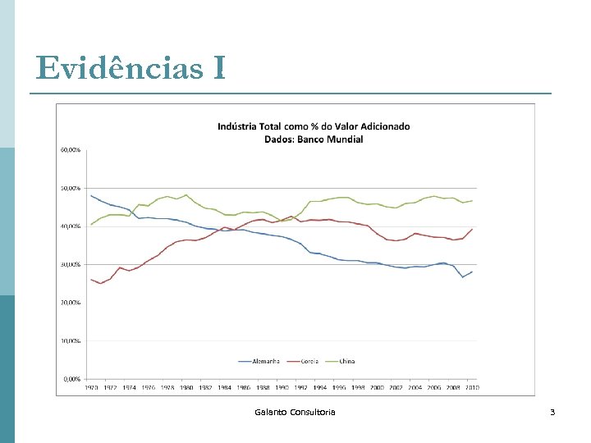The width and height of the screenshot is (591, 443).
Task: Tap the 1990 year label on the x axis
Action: coord(281,386)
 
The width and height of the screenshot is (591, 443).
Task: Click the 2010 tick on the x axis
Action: coord(471,386)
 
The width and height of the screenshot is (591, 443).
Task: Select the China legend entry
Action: coord(346,361)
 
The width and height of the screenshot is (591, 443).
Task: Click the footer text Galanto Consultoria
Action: coord(295,411)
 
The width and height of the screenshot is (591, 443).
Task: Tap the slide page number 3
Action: coord(552,411)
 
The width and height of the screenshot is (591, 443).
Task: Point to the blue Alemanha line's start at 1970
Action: coord(91,195)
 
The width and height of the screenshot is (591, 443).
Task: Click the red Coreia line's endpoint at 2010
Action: coord(472,229)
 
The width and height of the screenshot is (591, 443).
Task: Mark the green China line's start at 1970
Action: coord(91,224)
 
